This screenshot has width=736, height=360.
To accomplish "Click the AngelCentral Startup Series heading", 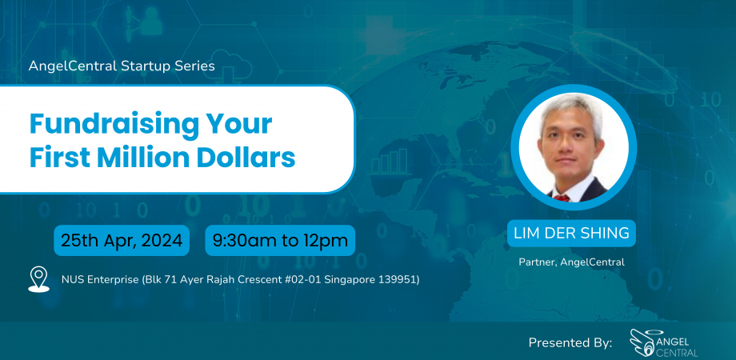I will coord(122,66).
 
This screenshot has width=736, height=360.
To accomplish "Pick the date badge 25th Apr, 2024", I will coord(122,240).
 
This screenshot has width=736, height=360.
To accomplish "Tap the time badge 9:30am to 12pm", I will coord(279,240).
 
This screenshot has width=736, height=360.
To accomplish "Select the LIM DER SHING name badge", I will coord(573,234).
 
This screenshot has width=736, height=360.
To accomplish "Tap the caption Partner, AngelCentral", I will coord(573,262).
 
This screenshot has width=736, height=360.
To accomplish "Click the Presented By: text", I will coord(570,342).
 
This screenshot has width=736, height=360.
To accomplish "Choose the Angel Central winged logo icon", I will coord(643,342).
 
